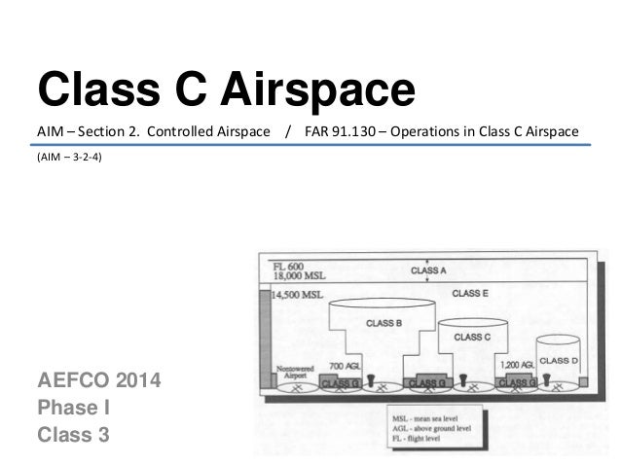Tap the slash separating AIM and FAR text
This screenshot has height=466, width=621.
pos(288,131)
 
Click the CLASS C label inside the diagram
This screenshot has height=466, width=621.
pos(471,337)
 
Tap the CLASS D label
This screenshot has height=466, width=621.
pos(560,360)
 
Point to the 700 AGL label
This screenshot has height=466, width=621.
pos(345,366)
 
